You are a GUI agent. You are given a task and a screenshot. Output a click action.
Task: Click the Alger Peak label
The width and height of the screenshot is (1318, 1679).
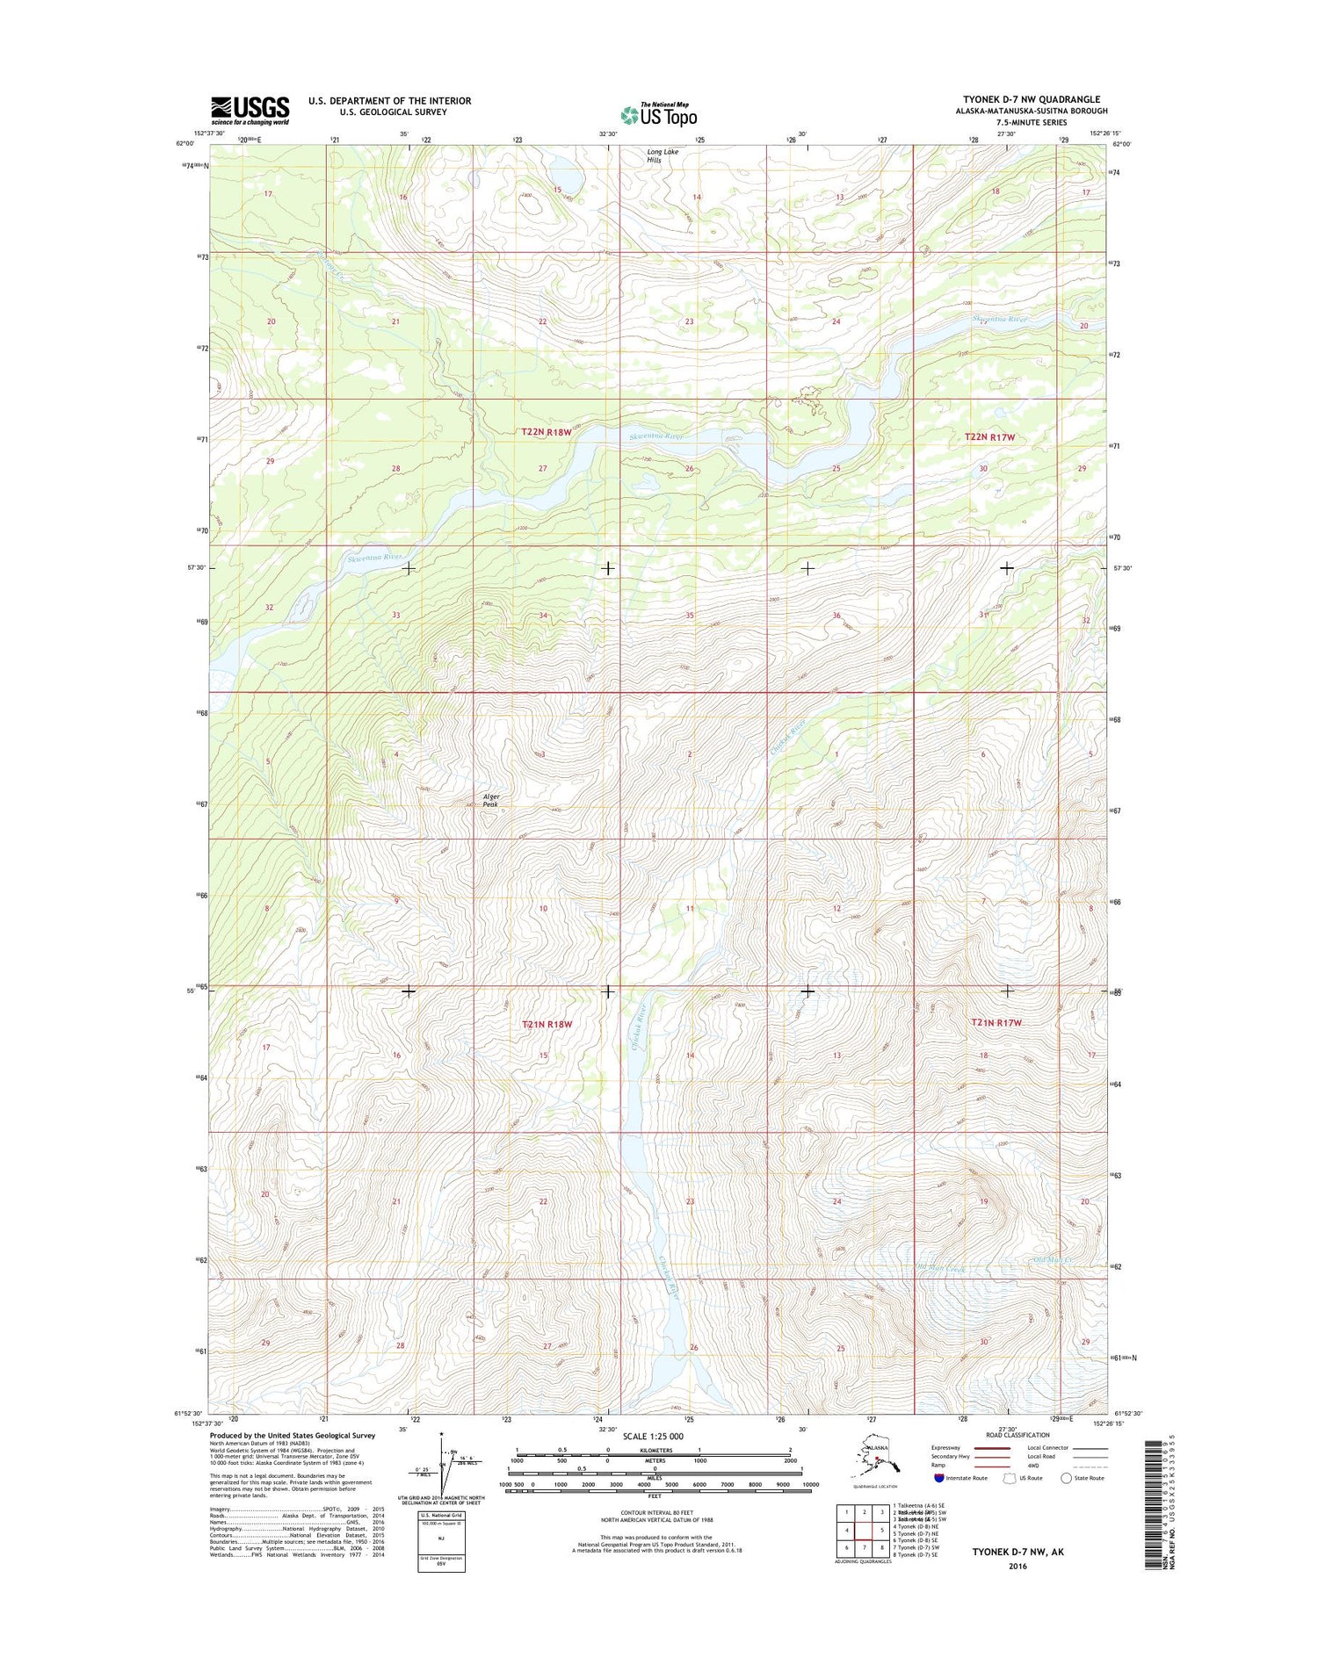coord(490,800)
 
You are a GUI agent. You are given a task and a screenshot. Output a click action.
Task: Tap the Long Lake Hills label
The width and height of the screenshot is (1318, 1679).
coord(663,156)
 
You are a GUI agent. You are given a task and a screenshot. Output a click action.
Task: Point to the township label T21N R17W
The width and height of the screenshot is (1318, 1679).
coord(996,1022)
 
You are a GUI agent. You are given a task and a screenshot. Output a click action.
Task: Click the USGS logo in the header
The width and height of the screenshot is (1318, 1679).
coord(250,111)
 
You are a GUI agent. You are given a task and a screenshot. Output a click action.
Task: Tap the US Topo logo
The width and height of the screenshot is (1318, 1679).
coord(658,114)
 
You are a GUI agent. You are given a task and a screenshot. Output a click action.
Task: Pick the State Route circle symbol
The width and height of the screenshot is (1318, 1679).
coord(1067,1478)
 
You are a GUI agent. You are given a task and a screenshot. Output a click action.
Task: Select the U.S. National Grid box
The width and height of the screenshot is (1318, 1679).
coord(442,1540)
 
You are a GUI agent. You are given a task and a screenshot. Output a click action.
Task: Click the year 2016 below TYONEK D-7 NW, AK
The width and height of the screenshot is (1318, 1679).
coord(1017,1567)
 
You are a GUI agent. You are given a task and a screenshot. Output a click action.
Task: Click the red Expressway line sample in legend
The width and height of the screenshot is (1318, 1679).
coord(988,1447)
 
